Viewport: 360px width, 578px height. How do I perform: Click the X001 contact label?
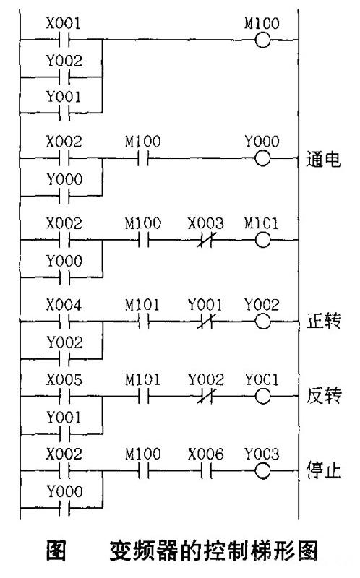tap(64, 23)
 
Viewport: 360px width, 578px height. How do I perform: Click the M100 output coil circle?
tap(262, 40)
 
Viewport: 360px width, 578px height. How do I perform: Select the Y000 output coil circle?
tap(262, 158)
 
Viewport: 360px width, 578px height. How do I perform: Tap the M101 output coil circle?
tap(262, 241)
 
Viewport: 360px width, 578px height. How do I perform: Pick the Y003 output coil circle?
tap(262, 471)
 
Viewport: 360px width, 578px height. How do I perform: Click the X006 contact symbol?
tap(206, 471)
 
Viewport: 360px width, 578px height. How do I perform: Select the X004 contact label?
tap(64, 305)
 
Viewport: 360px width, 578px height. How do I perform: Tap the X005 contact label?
tap(64, 380)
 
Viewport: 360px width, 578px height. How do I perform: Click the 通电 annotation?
tap(323, 160)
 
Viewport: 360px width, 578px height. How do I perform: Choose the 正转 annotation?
tap(323, 321)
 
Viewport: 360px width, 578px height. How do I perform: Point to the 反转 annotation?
tap(323, 395)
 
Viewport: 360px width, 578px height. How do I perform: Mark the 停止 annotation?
tap(323, 471)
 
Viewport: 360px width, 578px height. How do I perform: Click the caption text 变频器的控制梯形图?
tap(213, 551)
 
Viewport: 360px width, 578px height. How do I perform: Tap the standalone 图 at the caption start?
tap(56, 551)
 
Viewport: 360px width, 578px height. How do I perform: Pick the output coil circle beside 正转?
tap(262, 322)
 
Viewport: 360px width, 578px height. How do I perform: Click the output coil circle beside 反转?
tap(262, 397)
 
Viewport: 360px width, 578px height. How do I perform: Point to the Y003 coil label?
tap(262, 454)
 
